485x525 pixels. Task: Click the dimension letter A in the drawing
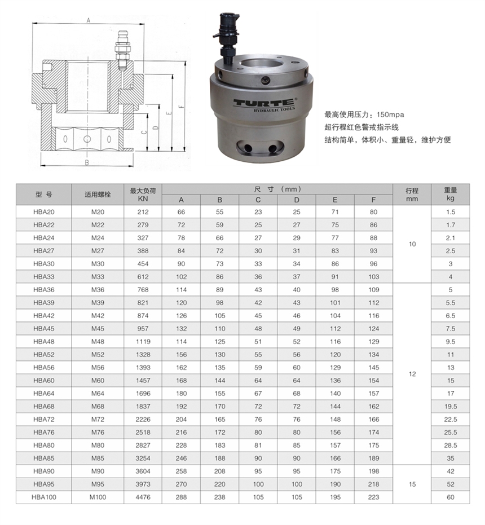89,20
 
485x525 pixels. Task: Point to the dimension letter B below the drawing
87,163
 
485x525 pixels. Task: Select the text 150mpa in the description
390,114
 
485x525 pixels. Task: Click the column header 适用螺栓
98,195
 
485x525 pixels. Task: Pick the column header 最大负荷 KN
143,195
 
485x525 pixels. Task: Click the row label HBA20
44,212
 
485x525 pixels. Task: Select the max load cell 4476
143,497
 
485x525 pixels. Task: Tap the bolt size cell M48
98,342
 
